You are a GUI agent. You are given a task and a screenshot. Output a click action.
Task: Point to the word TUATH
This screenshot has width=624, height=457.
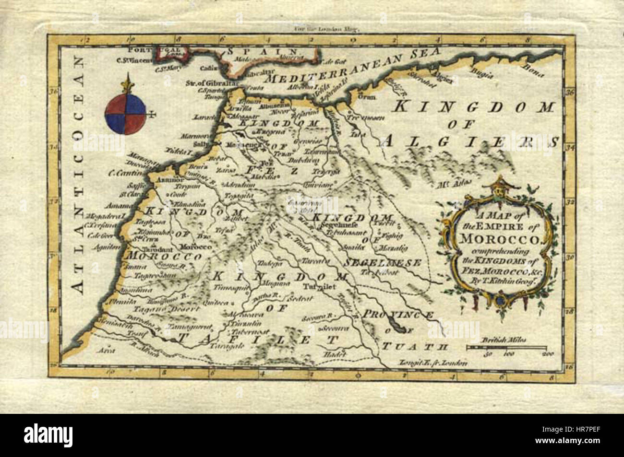tap(415, 346)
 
